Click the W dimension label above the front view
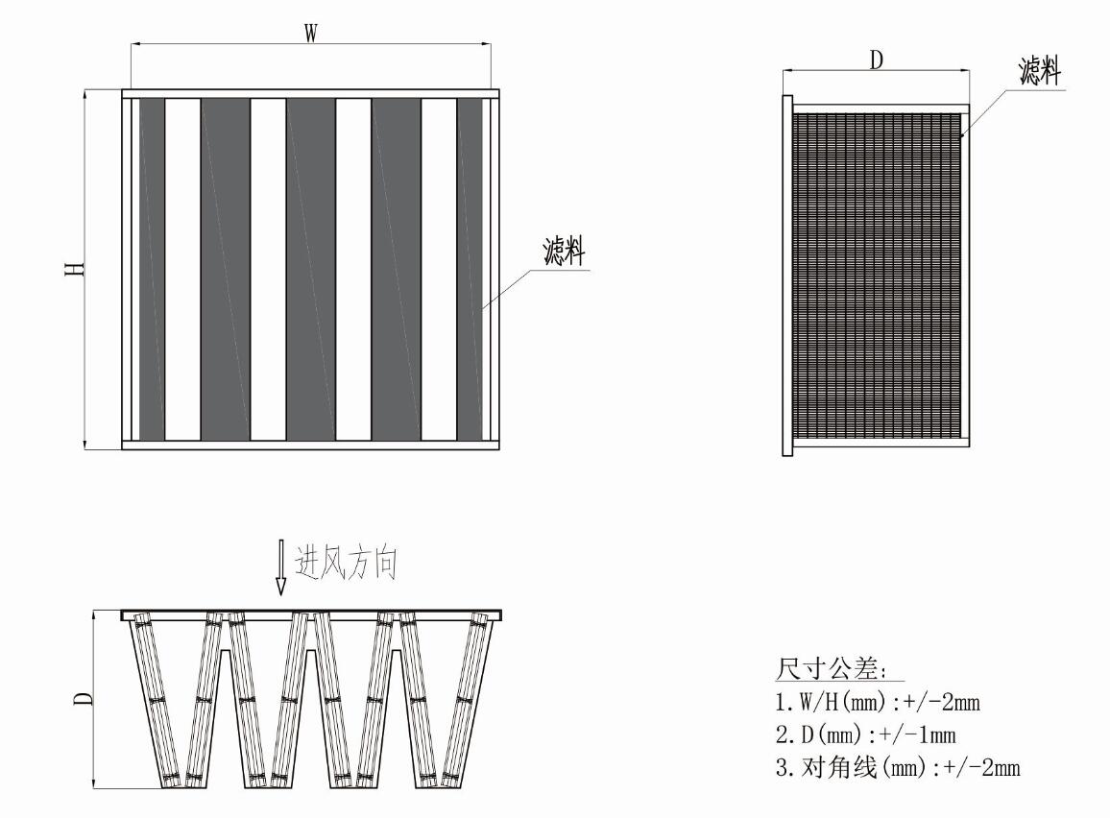coord(311,33)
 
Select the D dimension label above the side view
coord(877,60)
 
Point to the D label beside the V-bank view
coord(84,698)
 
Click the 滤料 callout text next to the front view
coord(565,252)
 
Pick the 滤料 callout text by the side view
coord(1040,71)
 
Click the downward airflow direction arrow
coord(281,566)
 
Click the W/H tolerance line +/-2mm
coord(878,702)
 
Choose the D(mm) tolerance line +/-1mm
coord(866,734)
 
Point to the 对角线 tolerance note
coord(898,767)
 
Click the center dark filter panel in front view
coord(311,269)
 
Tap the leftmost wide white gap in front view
coord(182,269)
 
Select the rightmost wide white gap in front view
coord(439,269)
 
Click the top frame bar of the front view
coord(311,93)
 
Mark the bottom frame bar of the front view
coord(311,445)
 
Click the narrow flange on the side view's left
coord(787,276)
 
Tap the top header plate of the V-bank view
coord(311,614)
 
